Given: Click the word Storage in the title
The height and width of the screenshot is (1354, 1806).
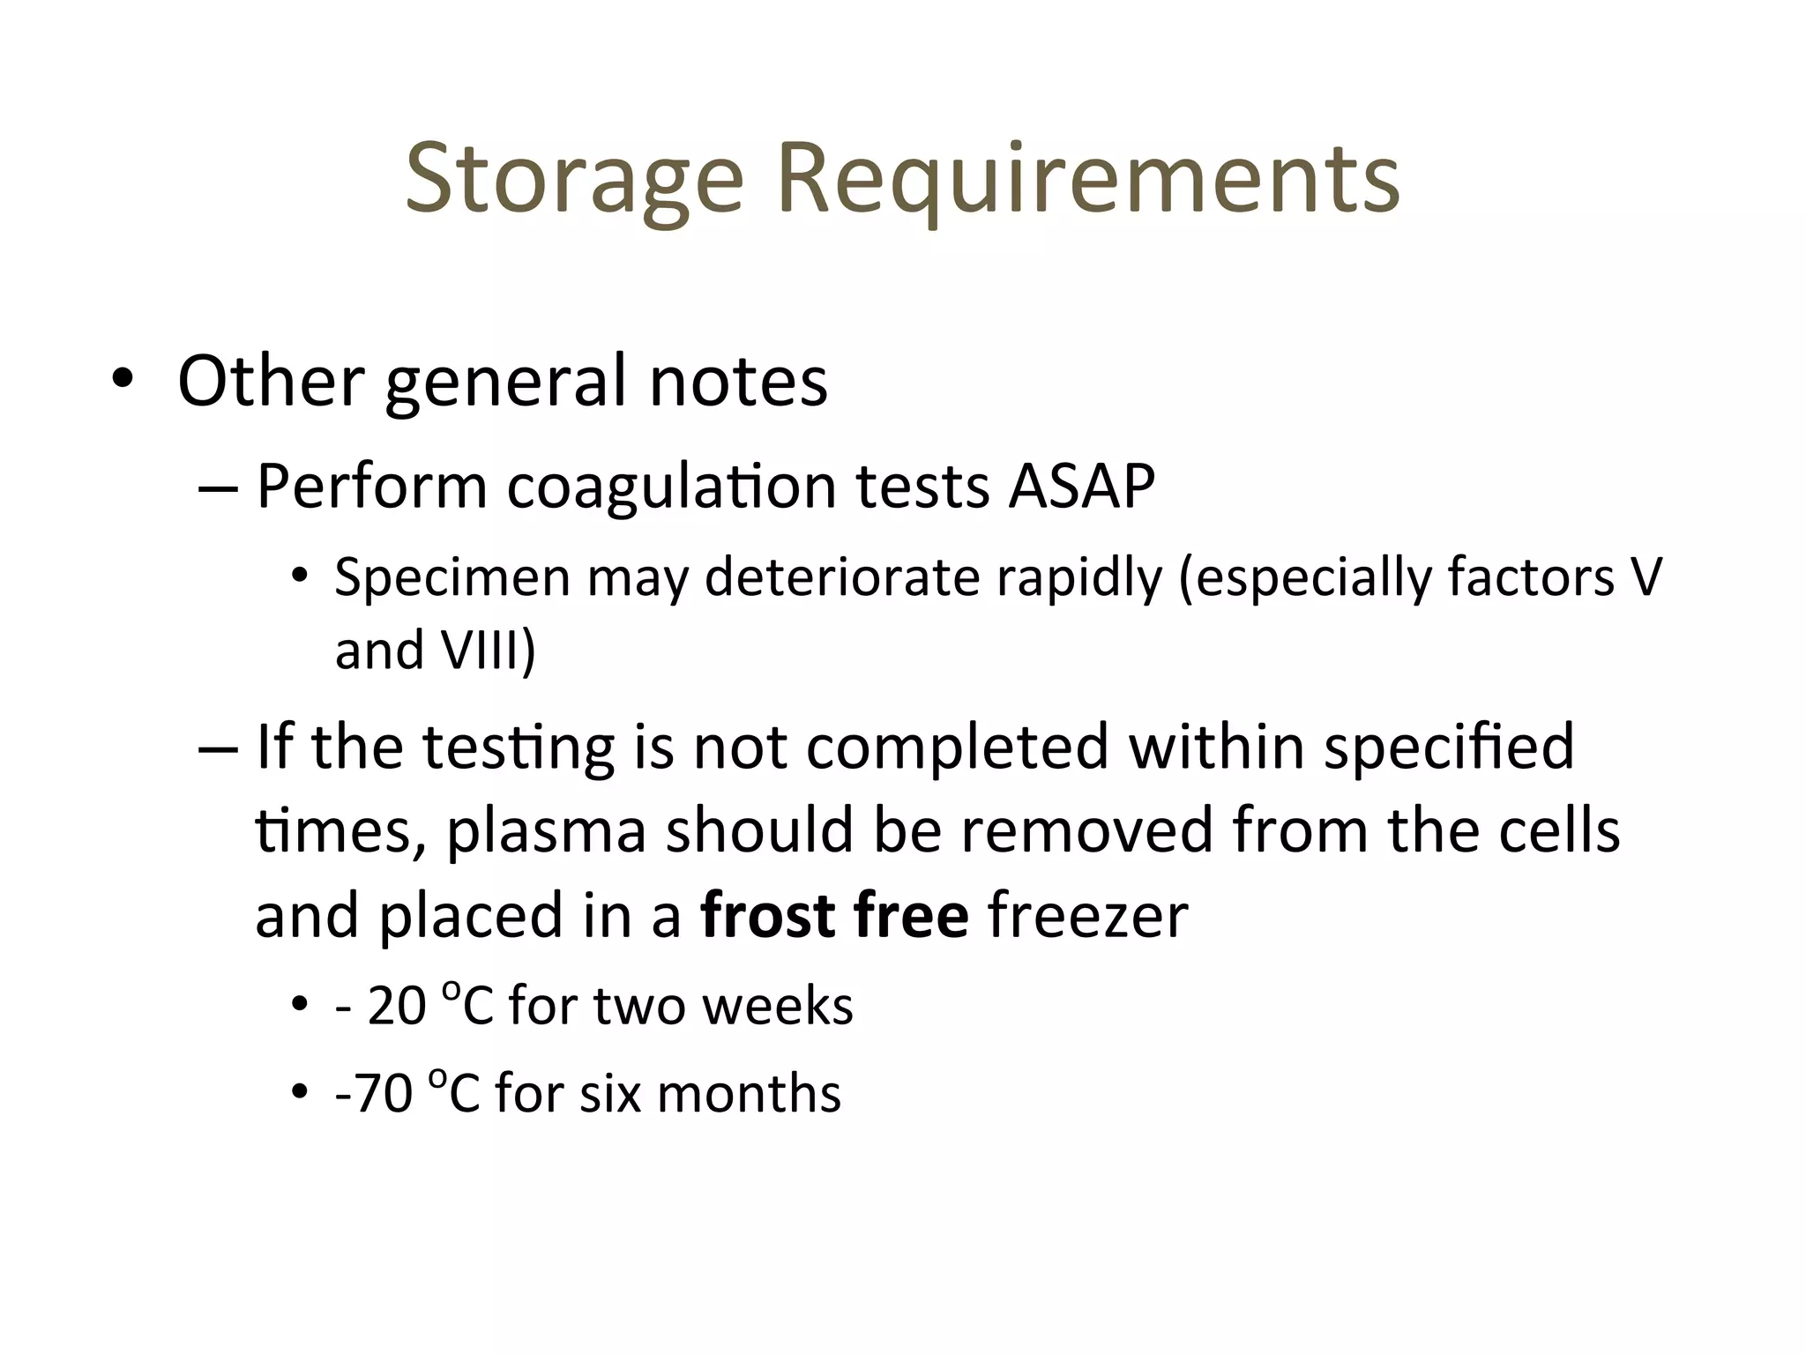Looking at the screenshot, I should point(574,182).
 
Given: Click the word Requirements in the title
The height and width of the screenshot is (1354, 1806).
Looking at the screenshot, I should point(1088,182).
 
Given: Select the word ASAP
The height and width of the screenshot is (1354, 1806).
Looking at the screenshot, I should point(1081,487).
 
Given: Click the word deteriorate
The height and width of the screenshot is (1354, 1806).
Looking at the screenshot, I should point(842,578).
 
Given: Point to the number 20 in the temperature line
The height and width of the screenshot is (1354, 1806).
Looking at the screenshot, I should point(397,1006).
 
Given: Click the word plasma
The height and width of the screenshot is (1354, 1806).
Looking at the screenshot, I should point(547,831).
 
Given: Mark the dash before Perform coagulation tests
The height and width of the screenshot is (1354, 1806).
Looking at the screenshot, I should point(217,487).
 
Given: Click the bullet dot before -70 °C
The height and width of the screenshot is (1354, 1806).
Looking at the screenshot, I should point(300,1093).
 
